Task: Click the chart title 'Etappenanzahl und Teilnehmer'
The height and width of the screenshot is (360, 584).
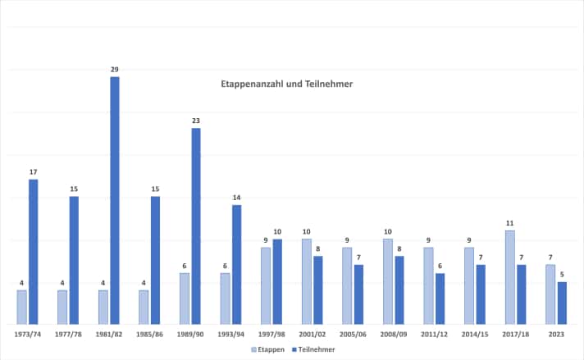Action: pos(286,84)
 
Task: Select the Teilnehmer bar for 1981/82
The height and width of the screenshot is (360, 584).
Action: pos(115,200)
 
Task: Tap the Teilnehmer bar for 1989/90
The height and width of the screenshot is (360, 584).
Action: pos(196,226)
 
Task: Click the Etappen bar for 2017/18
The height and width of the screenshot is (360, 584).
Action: pos(509,277)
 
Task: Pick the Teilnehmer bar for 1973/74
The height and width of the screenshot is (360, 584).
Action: pos(34,251)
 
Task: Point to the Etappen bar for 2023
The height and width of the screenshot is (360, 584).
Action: pos(550,294)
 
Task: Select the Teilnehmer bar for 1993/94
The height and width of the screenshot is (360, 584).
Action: pos(237,264)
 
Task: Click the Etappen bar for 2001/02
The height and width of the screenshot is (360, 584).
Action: pos(306,281)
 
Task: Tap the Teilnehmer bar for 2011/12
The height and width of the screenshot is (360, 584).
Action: pos(440,298)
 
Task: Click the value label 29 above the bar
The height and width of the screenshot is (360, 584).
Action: pos(115,69)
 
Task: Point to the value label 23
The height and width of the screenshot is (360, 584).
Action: pos(196,121)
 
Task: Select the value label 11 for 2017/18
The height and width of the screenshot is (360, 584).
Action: pos(509,223)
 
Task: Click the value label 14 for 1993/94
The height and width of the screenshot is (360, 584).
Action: pos(237,198)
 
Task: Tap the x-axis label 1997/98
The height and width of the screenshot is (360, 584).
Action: pos(271,334)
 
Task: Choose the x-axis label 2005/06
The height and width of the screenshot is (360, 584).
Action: pos(353,334)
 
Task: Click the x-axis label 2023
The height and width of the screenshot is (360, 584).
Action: pos(556,334)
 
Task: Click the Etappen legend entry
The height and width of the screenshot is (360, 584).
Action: pos(268,349)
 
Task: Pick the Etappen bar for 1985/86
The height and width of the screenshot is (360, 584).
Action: pos(144,307)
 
